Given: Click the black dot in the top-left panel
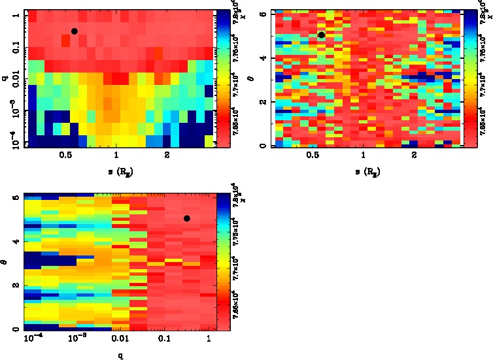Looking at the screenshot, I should [x=75, y=31].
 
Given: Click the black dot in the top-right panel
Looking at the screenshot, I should [x=321, y=35].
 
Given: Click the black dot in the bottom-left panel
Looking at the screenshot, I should [x=187, y=218].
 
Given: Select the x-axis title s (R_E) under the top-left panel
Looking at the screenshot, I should [x=116, y=172].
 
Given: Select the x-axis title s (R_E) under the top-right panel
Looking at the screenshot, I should [x=362, y=172].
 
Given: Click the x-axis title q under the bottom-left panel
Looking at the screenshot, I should [x=120, y=356].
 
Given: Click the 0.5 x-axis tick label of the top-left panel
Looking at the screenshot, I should [x=65, y=157].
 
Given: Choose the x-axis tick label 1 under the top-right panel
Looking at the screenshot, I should [x=362, y=157].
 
